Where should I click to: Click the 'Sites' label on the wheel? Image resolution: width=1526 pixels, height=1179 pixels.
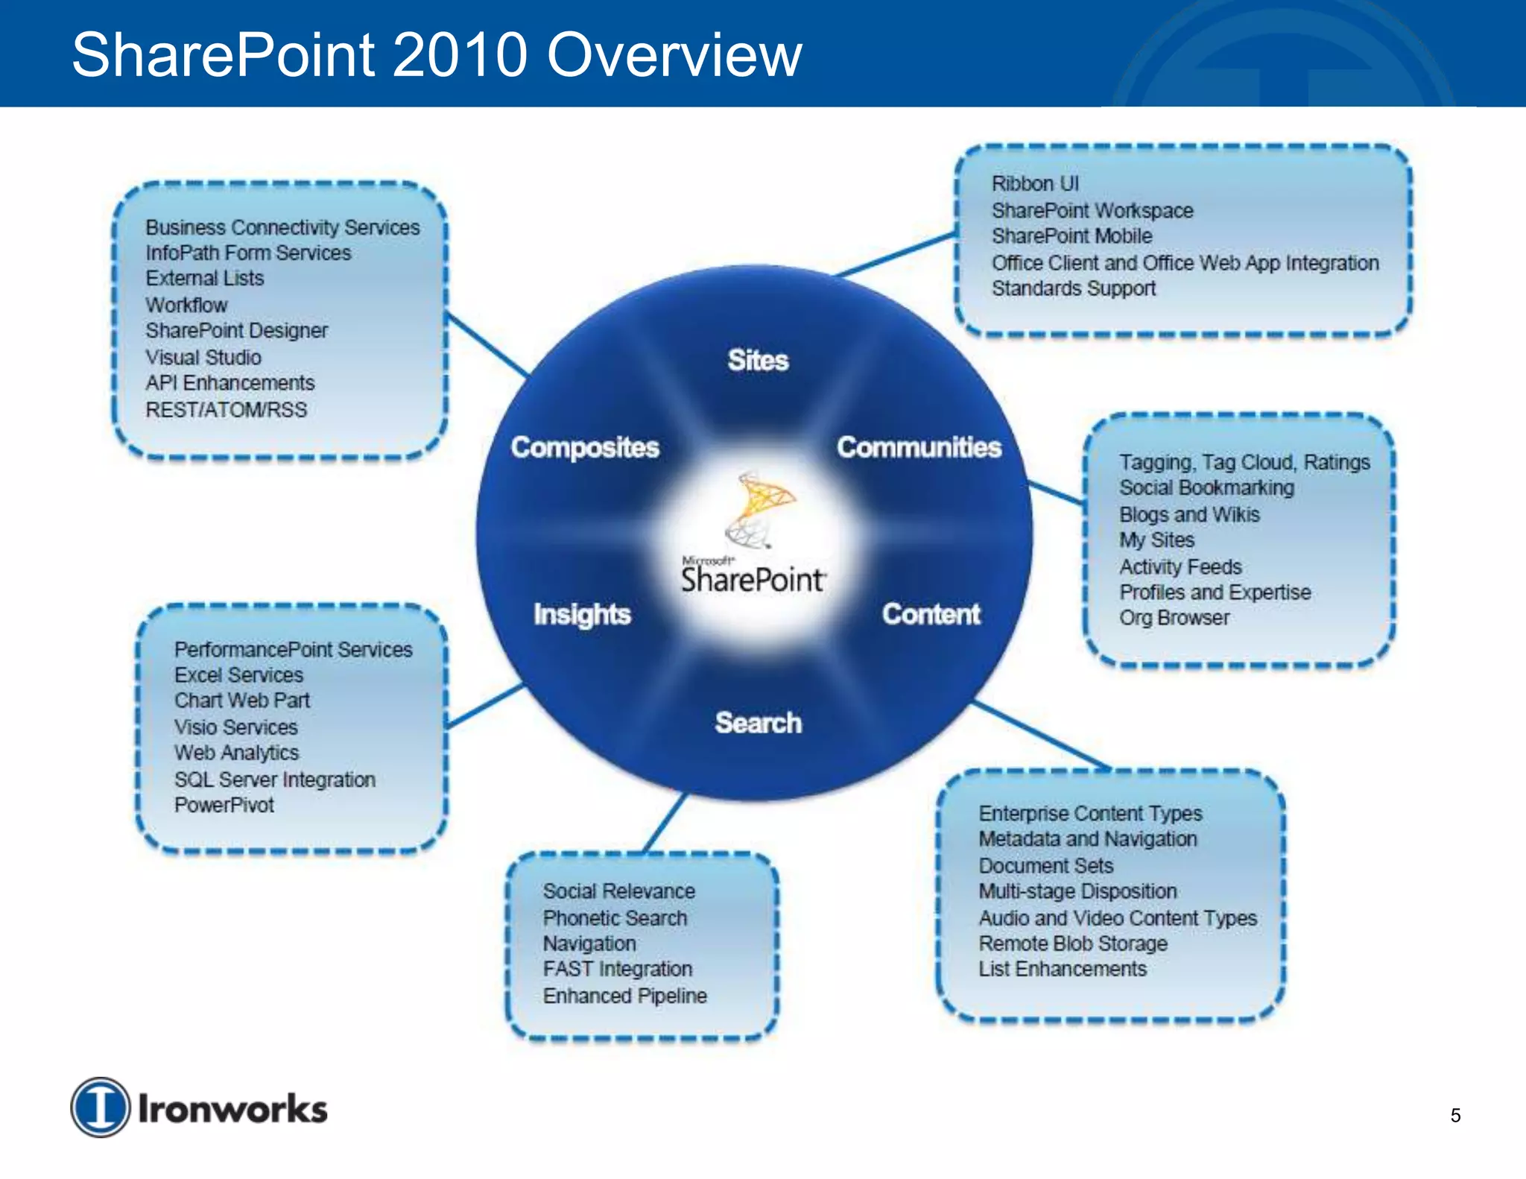[758, 361]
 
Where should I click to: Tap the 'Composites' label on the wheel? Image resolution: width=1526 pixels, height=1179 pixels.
[585, 447]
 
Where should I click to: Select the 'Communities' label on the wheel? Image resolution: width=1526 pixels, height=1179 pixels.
[919, 447]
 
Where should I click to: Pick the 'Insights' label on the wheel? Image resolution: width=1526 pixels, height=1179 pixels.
[582, 614]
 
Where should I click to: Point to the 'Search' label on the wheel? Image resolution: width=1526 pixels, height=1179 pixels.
[758, 722]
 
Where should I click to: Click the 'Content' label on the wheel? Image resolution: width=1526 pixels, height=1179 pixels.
[931, 614]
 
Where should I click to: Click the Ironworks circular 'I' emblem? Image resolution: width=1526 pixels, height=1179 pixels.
[101, 1107]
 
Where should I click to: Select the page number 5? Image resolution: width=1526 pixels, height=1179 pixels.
[1455, 1116]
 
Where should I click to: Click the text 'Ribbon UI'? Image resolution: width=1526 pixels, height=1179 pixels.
[1035, 183]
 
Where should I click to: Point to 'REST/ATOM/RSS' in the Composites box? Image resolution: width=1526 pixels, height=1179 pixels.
[226, 410]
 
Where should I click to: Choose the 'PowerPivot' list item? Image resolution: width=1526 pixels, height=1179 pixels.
[224, 805]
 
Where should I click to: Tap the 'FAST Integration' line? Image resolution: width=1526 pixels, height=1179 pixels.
[618, 969]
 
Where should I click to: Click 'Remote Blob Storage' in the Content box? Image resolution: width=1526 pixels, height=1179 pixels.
[1073, 943]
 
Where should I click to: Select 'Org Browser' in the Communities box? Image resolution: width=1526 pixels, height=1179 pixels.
[1174, 618]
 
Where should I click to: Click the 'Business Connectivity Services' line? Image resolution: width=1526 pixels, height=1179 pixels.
[282, 227]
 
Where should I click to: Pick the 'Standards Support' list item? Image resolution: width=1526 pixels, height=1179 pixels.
[1073, 288]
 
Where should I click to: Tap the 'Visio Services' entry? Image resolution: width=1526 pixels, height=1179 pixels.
[235, 727]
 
